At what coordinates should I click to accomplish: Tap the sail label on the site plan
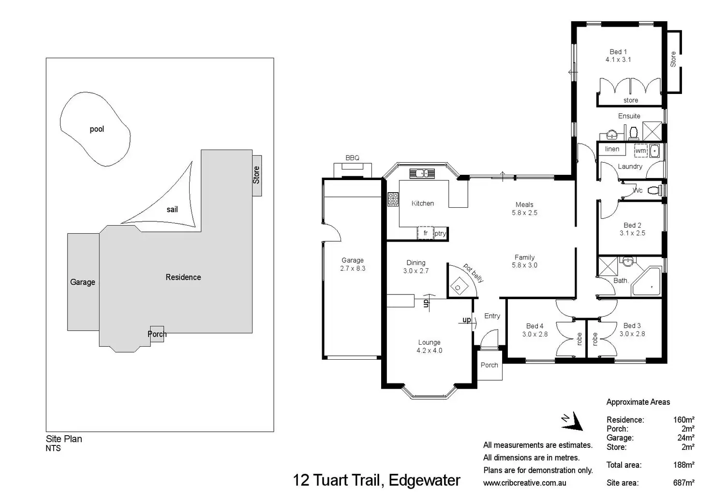click(x=172, y=209)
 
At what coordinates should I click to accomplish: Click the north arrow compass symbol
click(x=573, y=421)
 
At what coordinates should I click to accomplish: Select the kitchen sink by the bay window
click(x=422, y=173)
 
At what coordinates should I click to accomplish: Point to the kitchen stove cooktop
click(x=393, y=199)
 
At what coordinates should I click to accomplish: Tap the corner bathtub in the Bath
click(x=647, y=282)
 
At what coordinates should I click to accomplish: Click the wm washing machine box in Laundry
click(x=640, y=151)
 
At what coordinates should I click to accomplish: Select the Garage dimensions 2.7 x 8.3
click(x=353, y=268)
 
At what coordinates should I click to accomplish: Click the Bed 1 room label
click(x=618, y=51)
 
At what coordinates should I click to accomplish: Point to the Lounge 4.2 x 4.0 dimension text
click(x=429, y=351)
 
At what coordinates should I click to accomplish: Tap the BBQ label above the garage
click(x=352, y=158)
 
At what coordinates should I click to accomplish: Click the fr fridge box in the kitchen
click(x=425, y=233)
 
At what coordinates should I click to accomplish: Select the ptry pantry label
click(x=440, y=233)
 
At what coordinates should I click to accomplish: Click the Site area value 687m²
click(x=683, y=483)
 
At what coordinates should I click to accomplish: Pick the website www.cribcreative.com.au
click(x=524, y=483)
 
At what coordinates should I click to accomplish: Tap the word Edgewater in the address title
click(x=424, y=480)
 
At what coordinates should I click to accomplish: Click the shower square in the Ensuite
click(x=652, y=131)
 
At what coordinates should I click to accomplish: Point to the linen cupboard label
click(x=612, y=149)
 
